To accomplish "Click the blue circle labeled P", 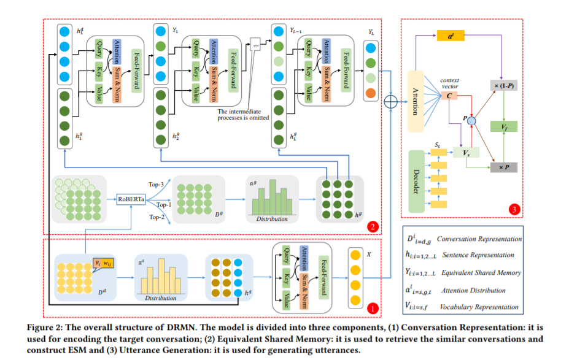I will (x=471, y=121).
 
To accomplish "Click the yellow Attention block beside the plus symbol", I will (x=416, y=101).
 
